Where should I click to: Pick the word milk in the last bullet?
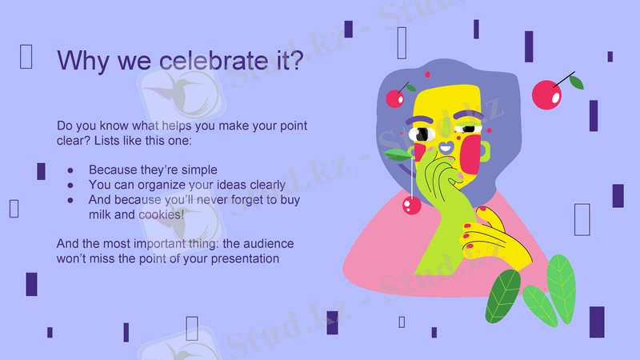point(102,214)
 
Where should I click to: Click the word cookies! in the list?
point(161,214)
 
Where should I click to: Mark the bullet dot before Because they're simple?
point(70,170)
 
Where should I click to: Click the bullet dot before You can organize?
point(70,185)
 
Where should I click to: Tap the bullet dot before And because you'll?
point(70,200)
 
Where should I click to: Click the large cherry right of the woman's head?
point(547,95)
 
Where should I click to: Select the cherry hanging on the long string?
point(411,206)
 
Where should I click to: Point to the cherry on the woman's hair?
point(395,98)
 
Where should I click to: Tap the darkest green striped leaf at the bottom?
point(504,296)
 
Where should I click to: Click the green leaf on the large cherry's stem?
point(576,82)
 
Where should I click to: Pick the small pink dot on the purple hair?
point(427,74)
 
